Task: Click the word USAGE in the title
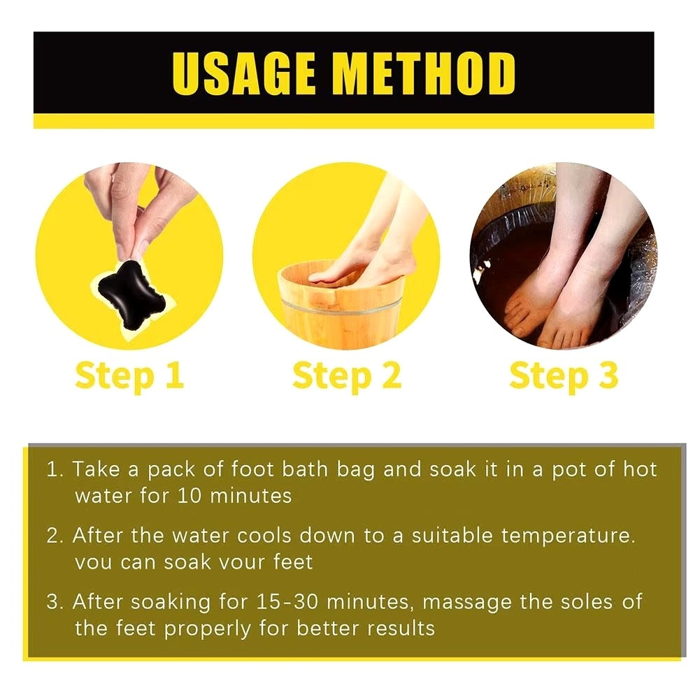pyautogui.click(x=244, y=73)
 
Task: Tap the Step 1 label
pyautogui.click(x=129, y=376)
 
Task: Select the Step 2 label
pyautogui.click(x=347, y=376)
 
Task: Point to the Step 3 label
pyautogui.click(x=564, y=376)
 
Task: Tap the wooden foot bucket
pyautogui.click(x=341, y=305)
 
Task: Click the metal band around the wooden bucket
pyautogui.click(x=341, y=307)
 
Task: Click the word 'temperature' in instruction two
pyautogui.click(x=568, y=536)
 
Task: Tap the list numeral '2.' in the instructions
pyautogui.click(x=55, y=536)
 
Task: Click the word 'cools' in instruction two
pyautogui.click(x=264, y=536)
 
